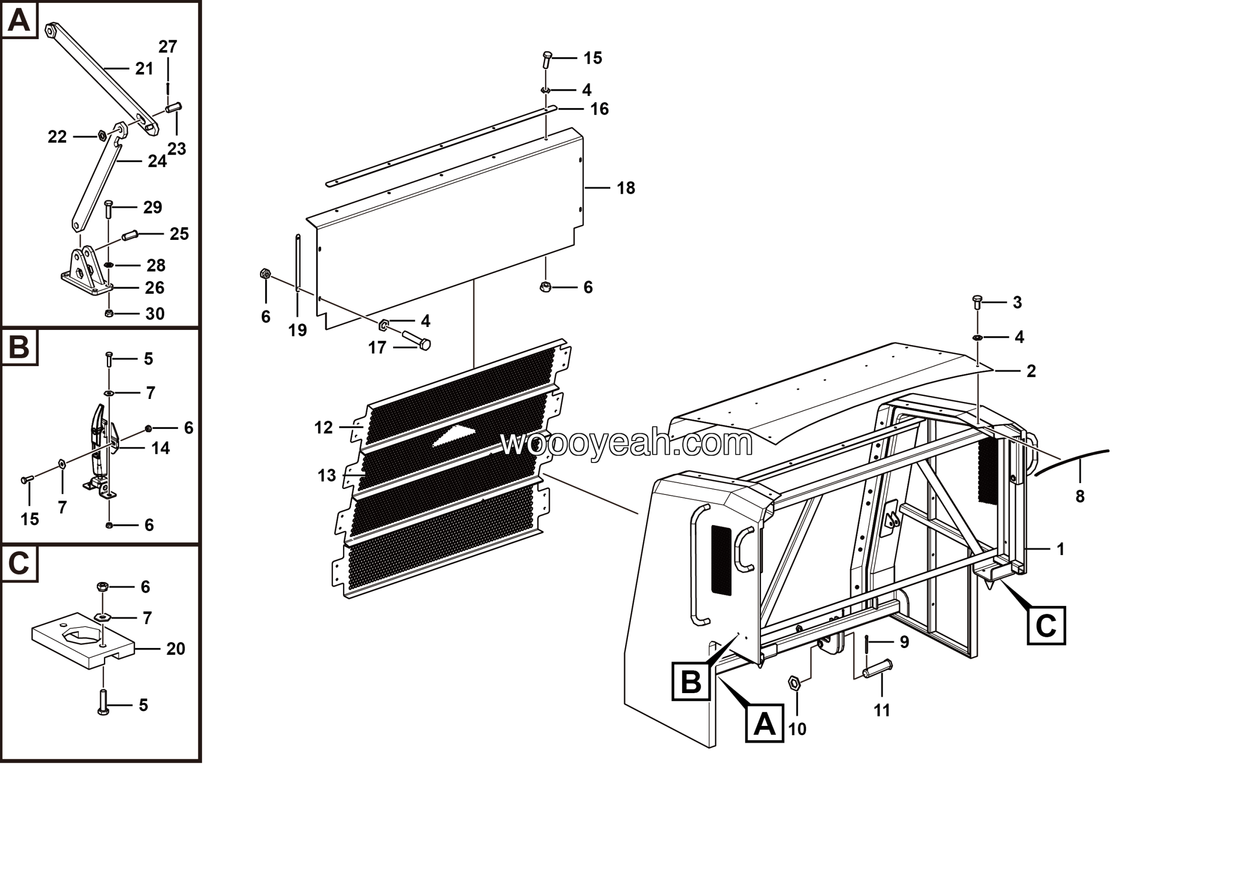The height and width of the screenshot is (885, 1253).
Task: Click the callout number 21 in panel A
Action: [x=144, y=69]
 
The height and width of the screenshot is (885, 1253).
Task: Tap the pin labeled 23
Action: [x=174, y=108]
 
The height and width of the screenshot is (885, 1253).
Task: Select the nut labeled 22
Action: [x=101, y=136]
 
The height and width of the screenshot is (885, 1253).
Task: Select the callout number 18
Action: [x=626, y=188]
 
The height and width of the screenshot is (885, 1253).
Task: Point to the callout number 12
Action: [x=323, y=428]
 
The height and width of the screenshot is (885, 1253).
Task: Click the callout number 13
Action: [x=326, y=476]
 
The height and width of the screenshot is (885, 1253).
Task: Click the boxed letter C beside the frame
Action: [x=1045, y=626]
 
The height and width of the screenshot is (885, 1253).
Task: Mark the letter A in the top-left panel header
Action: [x=19, y=20]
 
